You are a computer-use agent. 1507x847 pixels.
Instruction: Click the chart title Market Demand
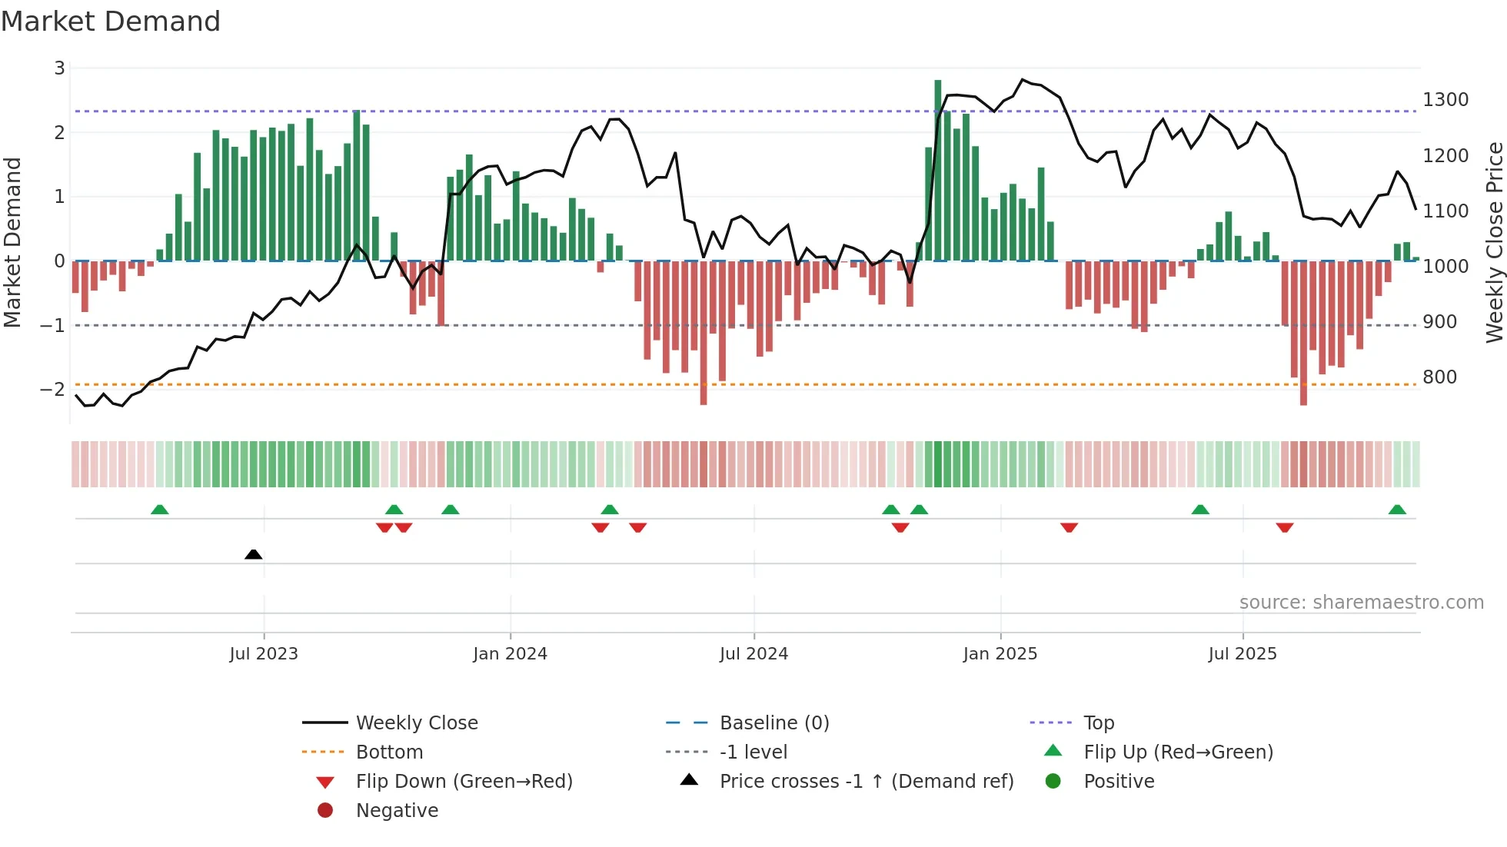pyautogui.click(x=111, y=22)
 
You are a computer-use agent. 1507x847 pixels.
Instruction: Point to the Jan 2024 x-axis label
pyautogui.click(x=510, y=654)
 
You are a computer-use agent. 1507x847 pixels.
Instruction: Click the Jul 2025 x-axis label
pyautogui.click(x=1242, y=654)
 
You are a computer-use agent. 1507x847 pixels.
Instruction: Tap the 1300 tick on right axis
pyautogui.click(x=1445, y=100)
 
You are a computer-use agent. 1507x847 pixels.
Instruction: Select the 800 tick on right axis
pyautogui.click(x=1439, y=377)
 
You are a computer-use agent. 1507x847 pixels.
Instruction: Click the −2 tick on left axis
pyautogui.click(x=52, y=390)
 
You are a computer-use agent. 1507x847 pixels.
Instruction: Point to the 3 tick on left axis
pyautogui.click(x=59, y=68)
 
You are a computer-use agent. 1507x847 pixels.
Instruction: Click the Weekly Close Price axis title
pyautogui.click(x=1494, y=242)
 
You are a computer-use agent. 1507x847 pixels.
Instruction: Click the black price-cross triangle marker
pyautogui.click(x=253, y=554)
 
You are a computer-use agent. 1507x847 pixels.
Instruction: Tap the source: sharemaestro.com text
pyautogui.click(x=1361, y=603)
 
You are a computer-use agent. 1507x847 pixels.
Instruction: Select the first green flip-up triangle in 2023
pyautogui.click(x=159, y=510)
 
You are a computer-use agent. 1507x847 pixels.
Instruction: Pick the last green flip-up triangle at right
pyautogui.click(x=1397, y=510)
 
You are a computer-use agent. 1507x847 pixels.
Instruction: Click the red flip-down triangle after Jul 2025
pyautogui.click(x=1284, y=527)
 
